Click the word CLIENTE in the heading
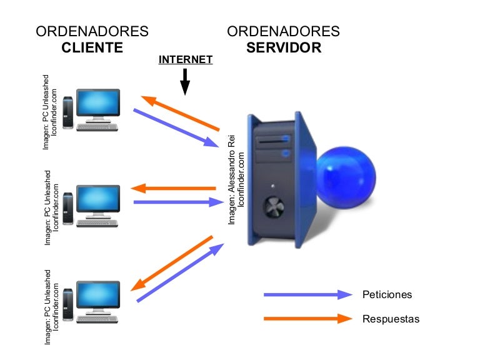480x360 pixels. point(92,48)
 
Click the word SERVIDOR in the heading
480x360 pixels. point(284,48)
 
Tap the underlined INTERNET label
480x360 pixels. point(186,60)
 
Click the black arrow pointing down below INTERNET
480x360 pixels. point(185,81)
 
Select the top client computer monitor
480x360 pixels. point(99,104)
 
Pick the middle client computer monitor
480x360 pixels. point(99,199)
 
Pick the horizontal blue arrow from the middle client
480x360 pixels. point(178,202)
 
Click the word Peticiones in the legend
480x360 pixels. point(387,294)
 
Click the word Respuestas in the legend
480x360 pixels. point(391,319)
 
